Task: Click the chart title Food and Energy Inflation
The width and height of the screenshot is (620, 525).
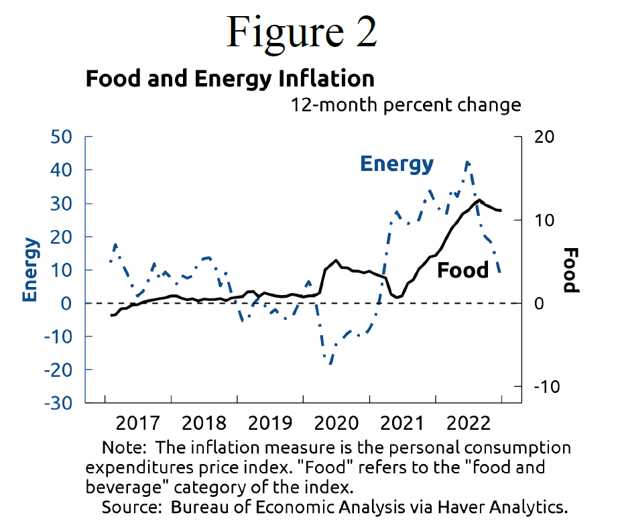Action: point(230,78)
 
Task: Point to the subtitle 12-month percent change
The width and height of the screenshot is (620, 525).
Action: point(405,105)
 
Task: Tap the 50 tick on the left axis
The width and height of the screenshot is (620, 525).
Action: point(62,137)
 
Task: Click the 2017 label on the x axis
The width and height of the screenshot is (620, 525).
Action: point(137,424)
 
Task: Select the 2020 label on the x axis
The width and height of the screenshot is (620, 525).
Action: point(336,424)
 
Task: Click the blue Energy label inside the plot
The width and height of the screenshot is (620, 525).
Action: point(397,164)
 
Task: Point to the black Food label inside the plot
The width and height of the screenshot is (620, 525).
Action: point(462,270)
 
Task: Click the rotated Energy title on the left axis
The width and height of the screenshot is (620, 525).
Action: point(30,270)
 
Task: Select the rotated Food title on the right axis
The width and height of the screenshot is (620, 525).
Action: point(570,270)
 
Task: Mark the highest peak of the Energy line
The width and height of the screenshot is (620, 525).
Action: point(467,162)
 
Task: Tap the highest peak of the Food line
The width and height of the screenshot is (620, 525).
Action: point(479,200)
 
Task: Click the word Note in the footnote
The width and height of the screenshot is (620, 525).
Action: point(119,447)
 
